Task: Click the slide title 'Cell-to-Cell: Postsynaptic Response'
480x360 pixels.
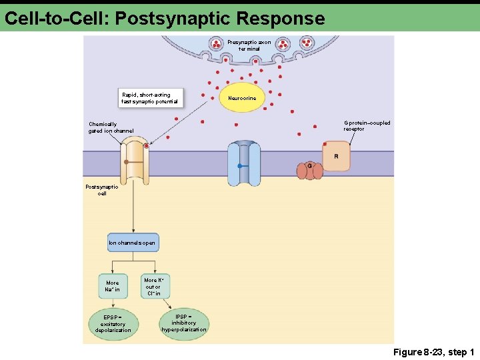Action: tap(164, 18)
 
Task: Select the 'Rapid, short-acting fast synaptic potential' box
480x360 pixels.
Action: tap(149, 98)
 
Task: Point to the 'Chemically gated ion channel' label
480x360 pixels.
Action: tap(111, 127)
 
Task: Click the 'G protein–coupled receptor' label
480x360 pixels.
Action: tap(367, 125)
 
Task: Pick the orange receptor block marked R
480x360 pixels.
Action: tap(336, 156)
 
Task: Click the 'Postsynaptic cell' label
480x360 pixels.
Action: tap(102, 190)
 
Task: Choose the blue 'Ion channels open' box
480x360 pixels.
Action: tap(133, 243)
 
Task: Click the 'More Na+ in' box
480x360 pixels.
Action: tap(113, 286)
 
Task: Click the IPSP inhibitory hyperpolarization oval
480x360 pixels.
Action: tap(184, 323)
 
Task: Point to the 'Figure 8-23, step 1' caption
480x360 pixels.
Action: tap(433, 352)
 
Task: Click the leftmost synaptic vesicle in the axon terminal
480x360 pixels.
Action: tap(216, 45)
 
